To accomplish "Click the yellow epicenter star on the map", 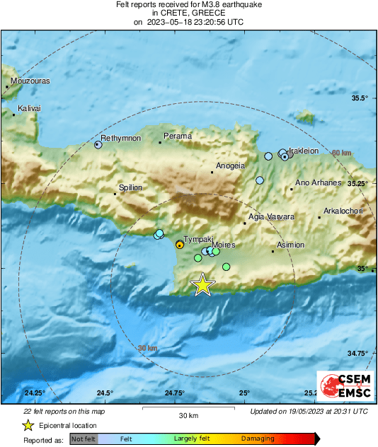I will pos(203,284).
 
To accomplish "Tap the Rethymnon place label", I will pos(121,138).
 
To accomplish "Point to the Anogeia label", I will pos(229,166).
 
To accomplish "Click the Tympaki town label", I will pos(197,240).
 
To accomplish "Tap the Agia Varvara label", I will pos(270,217).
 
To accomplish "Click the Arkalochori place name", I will pos(343,211).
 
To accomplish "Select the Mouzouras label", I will pos(30,81).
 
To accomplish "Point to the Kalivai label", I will pos(29,108).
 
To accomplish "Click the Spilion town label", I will pos(130,187).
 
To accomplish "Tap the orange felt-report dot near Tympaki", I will pos(180,245).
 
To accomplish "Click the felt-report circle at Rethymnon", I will pos(98,144).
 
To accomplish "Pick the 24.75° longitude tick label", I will pos(174,393).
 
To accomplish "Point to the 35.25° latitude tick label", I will pos(361,183).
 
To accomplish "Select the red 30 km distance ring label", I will pos(147,349).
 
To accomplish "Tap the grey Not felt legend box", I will pos(83,439).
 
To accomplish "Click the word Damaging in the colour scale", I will pos(257,439).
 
